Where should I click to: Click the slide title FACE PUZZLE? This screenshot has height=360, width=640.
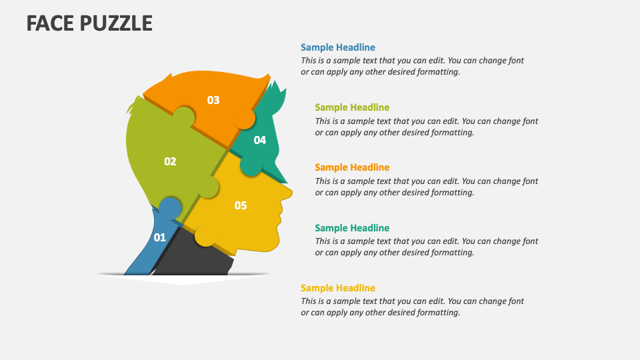pos(89,23)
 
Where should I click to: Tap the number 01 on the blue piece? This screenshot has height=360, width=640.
pos(160,237)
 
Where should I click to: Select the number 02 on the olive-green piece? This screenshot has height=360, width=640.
pos(170,161)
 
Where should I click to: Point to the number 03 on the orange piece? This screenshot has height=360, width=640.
pos(213,100)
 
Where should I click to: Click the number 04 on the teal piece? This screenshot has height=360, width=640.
pos(259,140)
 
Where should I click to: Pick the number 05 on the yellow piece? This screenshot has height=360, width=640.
pos(241,205)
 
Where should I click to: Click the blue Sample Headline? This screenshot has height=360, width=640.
pos(337,47)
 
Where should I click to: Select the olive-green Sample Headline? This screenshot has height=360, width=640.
pos(352,107)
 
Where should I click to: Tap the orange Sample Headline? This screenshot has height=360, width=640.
pos(352,167)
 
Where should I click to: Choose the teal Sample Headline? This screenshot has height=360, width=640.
pos(352,228)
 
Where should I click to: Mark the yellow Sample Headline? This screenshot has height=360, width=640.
pos(337,288)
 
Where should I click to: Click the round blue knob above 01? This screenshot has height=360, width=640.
pos(171,208)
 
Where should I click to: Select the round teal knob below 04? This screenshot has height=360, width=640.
pos(251,167)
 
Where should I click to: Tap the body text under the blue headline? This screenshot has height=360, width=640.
pos(412,66)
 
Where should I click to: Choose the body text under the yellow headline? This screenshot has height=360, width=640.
pos(412,307)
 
